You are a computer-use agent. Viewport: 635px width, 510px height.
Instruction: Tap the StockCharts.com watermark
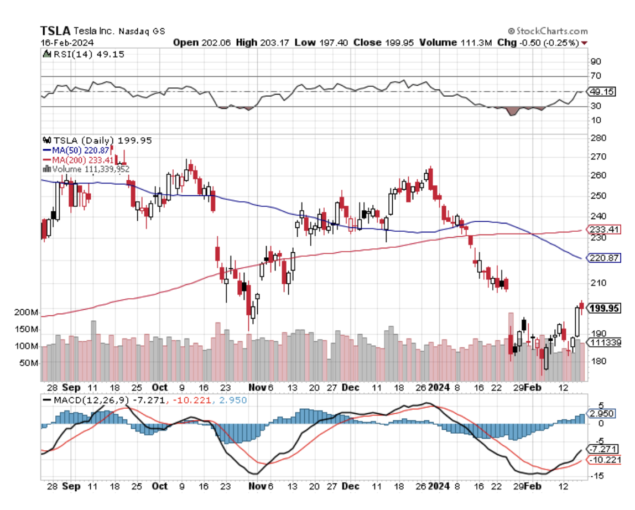pyautogui.click(x=548, y=32)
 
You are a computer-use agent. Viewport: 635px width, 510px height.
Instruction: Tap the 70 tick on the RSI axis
pyautogui.click(x=595, y=76)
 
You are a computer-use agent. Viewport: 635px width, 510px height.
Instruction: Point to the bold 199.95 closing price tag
pyautogui.click(x=605, y=309)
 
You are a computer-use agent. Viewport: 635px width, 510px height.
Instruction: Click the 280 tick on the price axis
pyautogui.click(x=597, y=138)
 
